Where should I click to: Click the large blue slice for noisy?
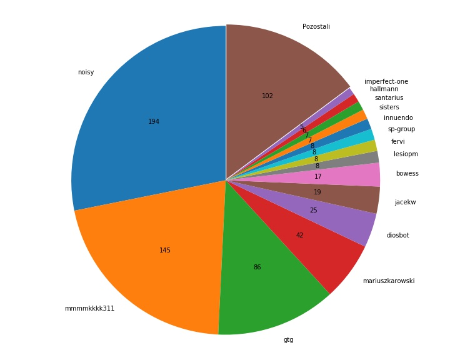[x=149, y=121]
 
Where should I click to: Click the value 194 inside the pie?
[x=154, y=121]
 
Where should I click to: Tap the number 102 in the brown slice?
[x=267, y=96]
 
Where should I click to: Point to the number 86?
[x=257, y=267]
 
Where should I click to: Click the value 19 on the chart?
[x=317, y=192]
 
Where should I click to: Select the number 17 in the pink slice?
[x=317, y=176]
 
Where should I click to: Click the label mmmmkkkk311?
[x=89, y=309]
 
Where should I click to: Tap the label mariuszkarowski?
[x=389, y=281]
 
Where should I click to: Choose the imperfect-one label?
[x=386, y=81]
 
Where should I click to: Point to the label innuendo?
[x=398, y=117]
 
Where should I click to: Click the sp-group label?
[x=401, y=129]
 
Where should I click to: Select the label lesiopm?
[x=406, y=154]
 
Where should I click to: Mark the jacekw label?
[x=405, y=202]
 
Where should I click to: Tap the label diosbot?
[x=397, y=236]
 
